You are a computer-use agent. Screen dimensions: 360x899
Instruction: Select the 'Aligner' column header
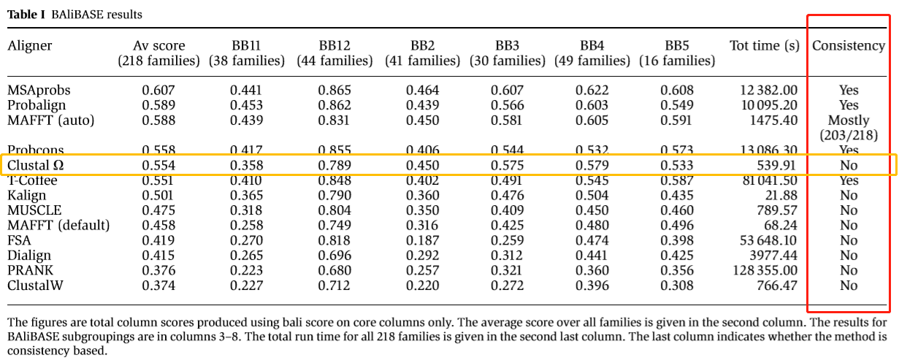point(30,46)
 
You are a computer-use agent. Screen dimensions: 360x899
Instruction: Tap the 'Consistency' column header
point(848,46)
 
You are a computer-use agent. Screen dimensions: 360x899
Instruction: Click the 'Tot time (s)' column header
point(764,46)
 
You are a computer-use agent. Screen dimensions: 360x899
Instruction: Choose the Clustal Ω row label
point(36,166)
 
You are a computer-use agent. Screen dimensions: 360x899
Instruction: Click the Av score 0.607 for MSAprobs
point(158,91)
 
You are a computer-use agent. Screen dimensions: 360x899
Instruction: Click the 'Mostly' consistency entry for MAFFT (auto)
point(848,120)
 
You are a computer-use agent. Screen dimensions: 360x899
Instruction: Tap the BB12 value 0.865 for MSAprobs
point(334,91)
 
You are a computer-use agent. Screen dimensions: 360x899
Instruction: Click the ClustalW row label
point(34,286)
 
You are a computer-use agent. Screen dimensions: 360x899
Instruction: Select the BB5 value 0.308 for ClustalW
point(676,286)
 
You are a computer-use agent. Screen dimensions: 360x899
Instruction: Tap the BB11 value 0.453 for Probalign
point(246,106)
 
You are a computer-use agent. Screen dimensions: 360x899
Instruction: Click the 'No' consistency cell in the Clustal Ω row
point(848,166)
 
